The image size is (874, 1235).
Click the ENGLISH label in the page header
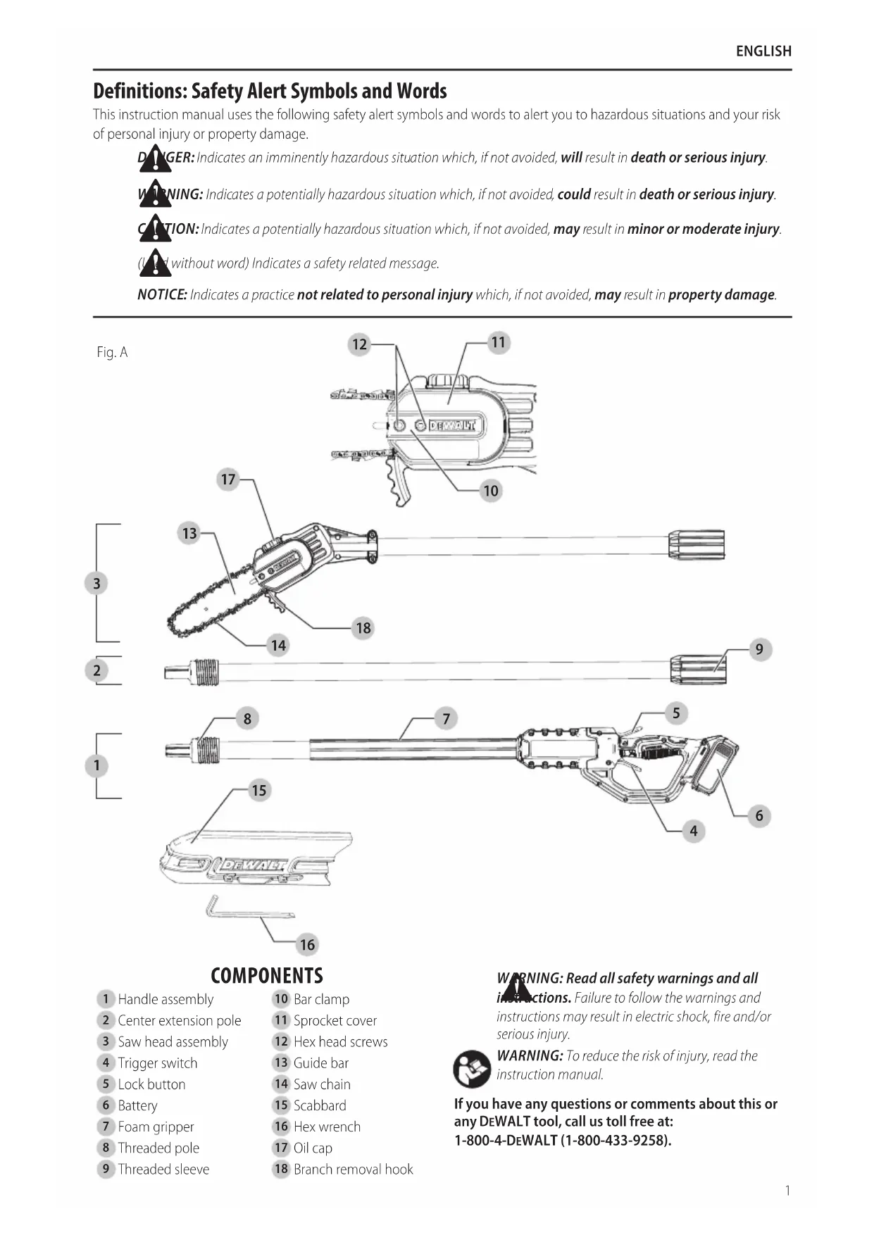click(x=763, y=51)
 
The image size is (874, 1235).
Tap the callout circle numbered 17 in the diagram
click(x=228, y=479)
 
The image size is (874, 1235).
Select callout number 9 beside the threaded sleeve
click(x=759, y=649)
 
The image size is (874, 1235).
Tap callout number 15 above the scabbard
click(x=259, y=790)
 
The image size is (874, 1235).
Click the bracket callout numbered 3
click(x=97, y=583)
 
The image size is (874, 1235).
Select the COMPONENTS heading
click(x=267, y=976)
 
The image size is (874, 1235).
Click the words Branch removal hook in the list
click(x=353, y=1169)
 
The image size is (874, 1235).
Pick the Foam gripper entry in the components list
click(x=156, y=1127)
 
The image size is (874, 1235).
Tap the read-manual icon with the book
click(x=471, y=1068)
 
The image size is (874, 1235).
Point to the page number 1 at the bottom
click(x=787, y=1191)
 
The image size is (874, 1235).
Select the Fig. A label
click(x=113, y=352)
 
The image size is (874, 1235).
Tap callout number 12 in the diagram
click(x=360, y=344)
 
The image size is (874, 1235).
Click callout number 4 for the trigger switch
click(x=694, y=831)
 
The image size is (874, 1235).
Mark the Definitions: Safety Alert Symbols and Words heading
click(x=270, y=92)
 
